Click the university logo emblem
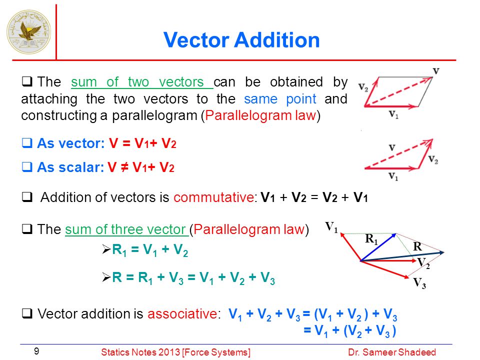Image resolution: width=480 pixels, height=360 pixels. coord(29,32)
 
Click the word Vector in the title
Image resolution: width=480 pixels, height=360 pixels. coord(196,40)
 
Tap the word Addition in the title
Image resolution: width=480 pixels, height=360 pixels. coord(277,40)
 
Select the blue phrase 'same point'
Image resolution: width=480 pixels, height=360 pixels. coord(280,99)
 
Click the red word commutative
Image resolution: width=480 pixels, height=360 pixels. coord(213,197)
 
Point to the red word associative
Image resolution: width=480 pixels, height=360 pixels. coord(182,314)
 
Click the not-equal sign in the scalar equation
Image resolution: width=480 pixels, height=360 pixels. coord(124,167)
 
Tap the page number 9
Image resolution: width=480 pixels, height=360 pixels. coord(36,351)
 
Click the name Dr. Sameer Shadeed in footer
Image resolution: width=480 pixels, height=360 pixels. coord(392,352)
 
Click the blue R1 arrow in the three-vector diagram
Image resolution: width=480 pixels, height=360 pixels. coord(378,247)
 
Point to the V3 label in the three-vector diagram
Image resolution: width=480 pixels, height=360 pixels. coord(419,283)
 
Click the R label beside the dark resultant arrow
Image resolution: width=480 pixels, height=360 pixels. coord(417,246)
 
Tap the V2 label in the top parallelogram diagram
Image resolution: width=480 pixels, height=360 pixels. coord(363,87)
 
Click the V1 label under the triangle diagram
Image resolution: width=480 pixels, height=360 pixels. coord(393,176)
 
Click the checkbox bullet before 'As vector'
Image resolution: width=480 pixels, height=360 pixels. coord(27,143)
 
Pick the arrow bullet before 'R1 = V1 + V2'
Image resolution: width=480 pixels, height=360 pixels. coord(106,249)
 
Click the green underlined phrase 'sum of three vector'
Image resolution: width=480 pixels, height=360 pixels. coord(125,229)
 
